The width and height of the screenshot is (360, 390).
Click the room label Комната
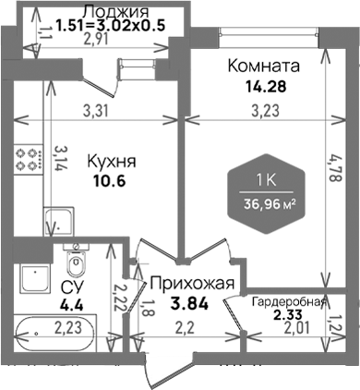tap(263, 67)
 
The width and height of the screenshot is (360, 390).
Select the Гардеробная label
tap(287, 302)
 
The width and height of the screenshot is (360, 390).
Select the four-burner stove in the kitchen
tap(30, 158)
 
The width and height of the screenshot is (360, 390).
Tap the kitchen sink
tap(59, 221)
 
